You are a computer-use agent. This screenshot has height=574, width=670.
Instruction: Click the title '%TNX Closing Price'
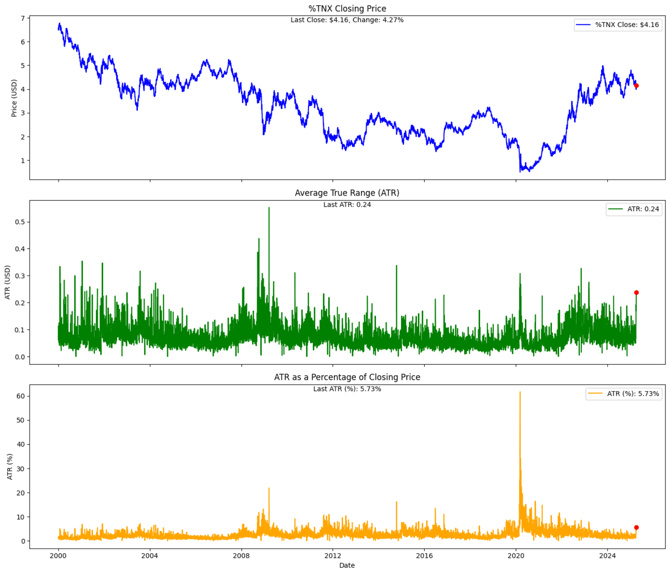[x=347, y=8]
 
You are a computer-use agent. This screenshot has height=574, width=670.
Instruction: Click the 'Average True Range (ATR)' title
[x=347, y=193]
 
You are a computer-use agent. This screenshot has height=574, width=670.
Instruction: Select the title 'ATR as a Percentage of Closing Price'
[x=347, y=377]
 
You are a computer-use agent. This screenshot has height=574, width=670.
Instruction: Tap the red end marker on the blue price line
[x=636, y=86]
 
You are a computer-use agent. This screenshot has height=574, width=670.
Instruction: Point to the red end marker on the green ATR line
[x=636, y=293]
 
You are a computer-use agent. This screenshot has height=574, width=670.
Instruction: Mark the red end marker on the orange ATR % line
[x=636, y=527]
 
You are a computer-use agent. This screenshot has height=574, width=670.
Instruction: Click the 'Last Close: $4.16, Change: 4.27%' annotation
[x=347, y=20]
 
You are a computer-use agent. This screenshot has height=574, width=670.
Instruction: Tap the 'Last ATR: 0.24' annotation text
[x=347, y=204]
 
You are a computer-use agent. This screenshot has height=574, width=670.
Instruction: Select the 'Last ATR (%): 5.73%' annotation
[x=347, y=389]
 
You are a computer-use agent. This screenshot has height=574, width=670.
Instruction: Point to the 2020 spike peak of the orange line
[x=520, y=392]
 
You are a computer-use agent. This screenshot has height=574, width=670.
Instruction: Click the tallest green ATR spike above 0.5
[x=269, y=208]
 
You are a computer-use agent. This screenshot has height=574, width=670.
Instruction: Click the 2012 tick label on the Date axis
[x=332, y=555]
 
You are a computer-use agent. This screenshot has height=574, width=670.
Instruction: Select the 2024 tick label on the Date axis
[x=607, y=555]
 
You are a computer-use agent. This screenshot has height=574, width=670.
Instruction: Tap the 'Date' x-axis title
[x=347, y=565]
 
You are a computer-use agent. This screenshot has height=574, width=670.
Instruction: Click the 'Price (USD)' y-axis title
[x=14, y=98]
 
